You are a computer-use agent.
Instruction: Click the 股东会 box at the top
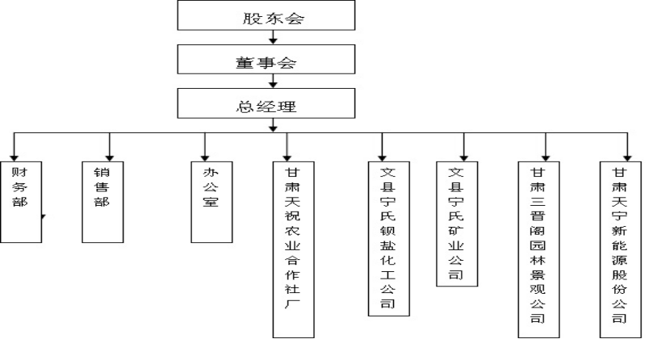[x=266, y=15]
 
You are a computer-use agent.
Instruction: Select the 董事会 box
[x=266, y=60]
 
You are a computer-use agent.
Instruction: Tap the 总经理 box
[x=266, y=103]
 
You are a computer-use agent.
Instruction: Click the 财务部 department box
[x=21, y=202]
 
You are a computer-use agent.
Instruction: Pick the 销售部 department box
[x=103, y=202]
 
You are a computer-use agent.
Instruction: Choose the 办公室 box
[x=211, y=202]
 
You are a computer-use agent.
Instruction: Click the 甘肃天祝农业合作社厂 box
[x=293, y=249]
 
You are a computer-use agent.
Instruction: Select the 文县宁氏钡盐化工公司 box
[x=389, y=239]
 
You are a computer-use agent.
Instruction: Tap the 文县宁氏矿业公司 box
[x=457, y=224]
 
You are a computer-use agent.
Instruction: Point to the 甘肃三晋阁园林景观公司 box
[x=539, y=249]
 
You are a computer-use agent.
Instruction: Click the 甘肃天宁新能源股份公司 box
[x=621, y=249]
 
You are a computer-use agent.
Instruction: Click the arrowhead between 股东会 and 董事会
[x=273, y=41]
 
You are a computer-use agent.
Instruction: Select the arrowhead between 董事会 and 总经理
[x=273, y=85]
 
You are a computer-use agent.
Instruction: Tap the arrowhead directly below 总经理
[x=273, y=128]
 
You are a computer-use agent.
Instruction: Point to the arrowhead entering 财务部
[x=15, y=158]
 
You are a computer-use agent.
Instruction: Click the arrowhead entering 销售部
[x=110, y=158]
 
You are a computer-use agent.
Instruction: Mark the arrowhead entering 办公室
[x=205, y=158]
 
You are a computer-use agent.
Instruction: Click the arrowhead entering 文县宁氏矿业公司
[x=464, y=158]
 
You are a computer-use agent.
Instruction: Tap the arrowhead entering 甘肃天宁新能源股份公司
[x=628, y=158]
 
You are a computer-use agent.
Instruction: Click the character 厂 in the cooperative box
[x=292, y=303]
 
